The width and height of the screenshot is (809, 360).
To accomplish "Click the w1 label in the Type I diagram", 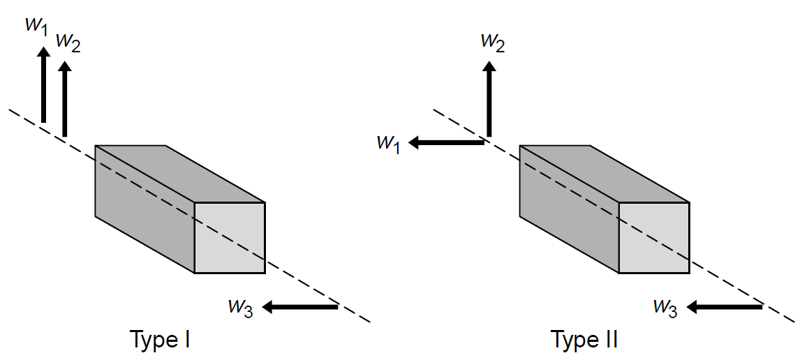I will click(x=36, y=25).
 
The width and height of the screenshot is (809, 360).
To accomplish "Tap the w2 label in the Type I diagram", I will click(x=68, y=43).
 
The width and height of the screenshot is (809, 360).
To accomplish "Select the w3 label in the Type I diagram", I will click(x=239, y=306).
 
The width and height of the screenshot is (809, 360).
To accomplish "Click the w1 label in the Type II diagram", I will click(x=388, y=143).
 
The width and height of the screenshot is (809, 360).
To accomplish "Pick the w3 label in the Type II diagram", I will click(x=665, y=306).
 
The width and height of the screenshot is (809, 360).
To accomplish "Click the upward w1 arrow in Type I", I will click(x=43, y=84).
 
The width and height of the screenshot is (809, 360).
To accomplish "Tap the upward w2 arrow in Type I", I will click(x=64, y=98).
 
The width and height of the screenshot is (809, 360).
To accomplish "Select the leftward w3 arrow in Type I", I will click(x=301, y=306).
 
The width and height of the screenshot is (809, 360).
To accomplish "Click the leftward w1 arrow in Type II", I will click(x=446, y=142).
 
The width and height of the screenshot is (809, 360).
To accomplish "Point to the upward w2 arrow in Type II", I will click(x=490, y=98).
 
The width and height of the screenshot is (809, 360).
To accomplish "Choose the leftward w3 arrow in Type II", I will click(x=726, y=306).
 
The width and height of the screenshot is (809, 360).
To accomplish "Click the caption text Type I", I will click(x=161, y=340).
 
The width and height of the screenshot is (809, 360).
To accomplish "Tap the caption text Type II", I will click(x=585, y=340).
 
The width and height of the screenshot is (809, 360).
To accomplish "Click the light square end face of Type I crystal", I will click(x=230, y=238).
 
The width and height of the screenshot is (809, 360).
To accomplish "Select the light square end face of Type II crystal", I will click(x=654, y=238).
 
